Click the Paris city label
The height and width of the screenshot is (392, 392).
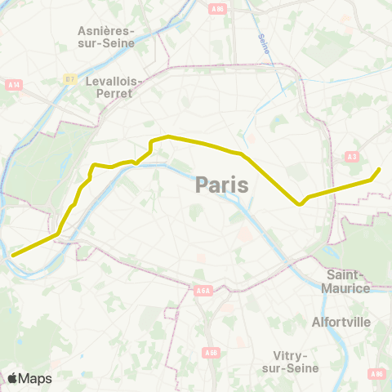coord(222,185)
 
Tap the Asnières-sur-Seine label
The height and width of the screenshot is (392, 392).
coord(106,37)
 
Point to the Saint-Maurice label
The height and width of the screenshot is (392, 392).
coord(348,281)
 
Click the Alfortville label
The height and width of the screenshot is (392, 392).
coord(341,322)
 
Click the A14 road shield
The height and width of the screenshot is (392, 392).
coord(12,84)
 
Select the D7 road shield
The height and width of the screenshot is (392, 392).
coord(70,80)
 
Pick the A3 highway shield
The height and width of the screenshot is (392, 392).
coord(352,156)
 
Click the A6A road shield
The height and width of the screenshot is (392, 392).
coord(203,289)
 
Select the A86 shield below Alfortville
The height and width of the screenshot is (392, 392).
coord(376,374)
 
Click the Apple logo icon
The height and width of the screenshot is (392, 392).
coord(12,378)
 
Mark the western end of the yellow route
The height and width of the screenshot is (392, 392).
coord(12,255)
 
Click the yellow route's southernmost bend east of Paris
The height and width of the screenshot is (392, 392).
coord(301,204)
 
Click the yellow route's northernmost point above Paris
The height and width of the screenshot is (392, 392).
coord(168,136)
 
